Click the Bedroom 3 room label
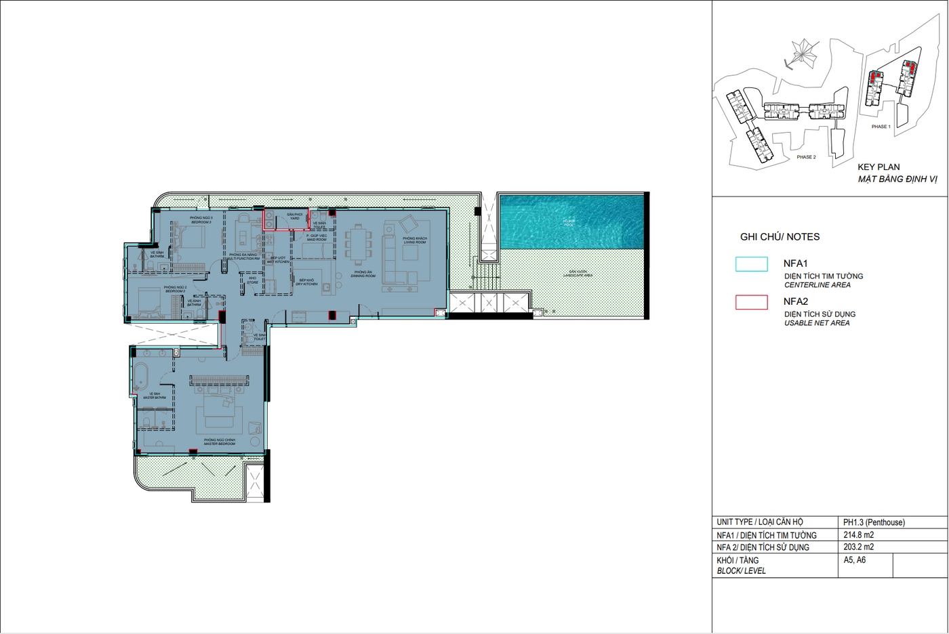coord(201,220)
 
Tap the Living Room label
coord(414,240)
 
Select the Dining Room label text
coord(364,274)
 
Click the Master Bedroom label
coord(220,442)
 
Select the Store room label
coord(252,280)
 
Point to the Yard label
coord(294,216)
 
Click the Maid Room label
coord(317,238)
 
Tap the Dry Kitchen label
coord(306,282)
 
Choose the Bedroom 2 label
coord(175,289)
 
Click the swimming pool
coord(571,220)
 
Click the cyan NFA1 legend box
coord(751,264)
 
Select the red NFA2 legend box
coord(751,302)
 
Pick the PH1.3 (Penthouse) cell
coord(874,522)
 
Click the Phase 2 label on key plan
coord(806,157)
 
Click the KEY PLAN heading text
coord(879,167)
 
